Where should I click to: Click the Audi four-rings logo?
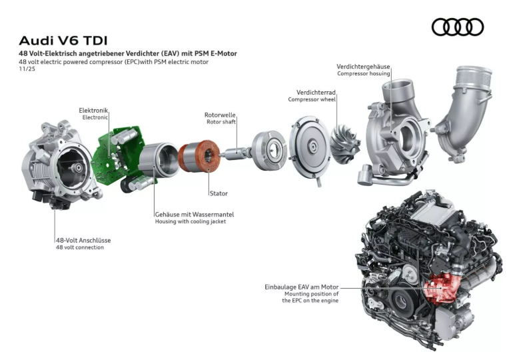pyautogui.click(x=458, y=27)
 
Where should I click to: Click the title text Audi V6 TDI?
pyautogui.click(x=63, y=41)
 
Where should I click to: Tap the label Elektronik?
pyautogui.click(x=93, y=111)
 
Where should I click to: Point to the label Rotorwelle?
pyautogui.click(x=220, y=115)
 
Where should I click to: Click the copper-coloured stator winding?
pyautogui.click(x=199, y=156)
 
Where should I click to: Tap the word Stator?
pyautogui.click(x=219, y=193)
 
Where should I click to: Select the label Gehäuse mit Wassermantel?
pyautogui.click(x=195, y=215)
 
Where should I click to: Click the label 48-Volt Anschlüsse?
pyautogui.click(x=83, y=240)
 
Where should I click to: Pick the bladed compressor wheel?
pyautogui.click(x=346, y=144)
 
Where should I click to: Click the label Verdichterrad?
pyautogui.click(x=316, y=93)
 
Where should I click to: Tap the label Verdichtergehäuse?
pyautogui.click(x=363, y=67)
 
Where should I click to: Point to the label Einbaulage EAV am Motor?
pyautogui.click(x=301, y=287)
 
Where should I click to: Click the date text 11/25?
pyautogui.click(x=27, y=69)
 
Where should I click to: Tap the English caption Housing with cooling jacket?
pyautogui.click(x=191, y=222)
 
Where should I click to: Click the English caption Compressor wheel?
pyautogui.click(x=312, y=99)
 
